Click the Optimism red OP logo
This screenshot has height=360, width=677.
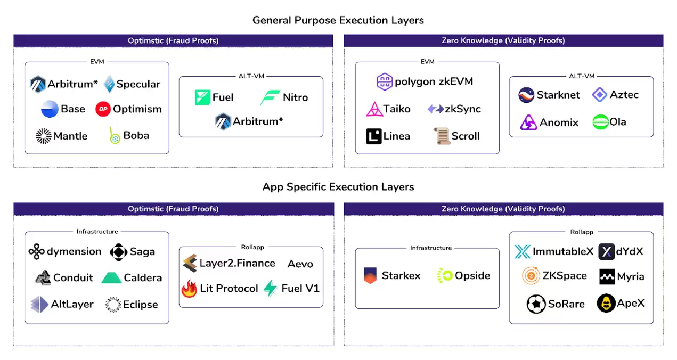tap(103, 109)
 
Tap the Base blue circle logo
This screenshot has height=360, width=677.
tap(50, 109)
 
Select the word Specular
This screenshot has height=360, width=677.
tap(138, 84)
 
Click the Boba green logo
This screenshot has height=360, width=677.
tap(114, 135)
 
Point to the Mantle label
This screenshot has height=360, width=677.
tap(70, 136)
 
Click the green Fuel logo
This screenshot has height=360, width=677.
tap(202, 97)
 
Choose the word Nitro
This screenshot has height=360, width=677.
tap(295, 97)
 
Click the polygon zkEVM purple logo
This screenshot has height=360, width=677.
tap(385, 81)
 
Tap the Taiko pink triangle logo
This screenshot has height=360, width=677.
tap(374, 109)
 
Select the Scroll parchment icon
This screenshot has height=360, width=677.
tap(442, 136)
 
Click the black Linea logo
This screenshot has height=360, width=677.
tap(373, 136)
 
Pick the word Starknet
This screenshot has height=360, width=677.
tap(558, 95)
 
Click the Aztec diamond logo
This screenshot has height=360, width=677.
tap(600, 95)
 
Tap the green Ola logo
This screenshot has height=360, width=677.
tap(600, 122)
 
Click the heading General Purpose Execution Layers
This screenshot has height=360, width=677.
tap(338, 20)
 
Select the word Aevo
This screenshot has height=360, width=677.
tap(300, 264)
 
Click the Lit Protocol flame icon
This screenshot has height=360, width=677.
tap(189, 289)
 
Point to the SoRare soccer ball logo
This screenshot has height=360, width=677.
tap(535, 304)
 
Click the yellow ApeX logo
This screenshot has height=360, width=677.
tap(606, 303)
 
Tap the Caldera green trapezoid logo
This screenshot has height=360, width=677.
tap(111, 277)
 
